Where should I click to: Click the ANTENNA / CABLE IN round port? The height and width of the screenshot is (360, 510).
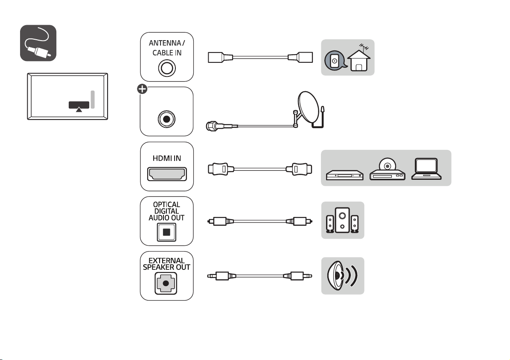167,68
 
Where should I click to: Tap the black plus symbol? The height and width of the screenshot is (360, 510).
142,89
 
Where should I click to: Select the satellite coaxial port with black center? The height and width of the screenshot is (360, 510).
166,119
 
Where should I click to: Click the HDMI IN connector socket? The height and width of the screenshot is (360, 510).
167,174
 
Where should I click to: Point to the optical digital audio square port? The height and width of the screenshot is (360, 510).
166,232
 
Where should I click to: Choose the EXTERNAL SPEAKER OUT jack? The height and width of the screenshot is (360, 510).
166,283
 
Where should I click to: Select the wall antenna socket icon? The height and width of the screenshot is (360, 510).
335,61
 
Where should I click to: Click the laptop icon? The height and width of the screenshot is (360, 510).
426,169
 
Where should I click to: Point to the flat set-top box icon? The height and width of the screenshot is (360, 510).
345,175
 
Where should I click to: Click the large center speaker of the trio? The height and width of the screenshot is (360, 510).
342,220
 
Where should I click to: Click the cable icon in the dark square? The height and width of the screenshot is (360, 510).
38,43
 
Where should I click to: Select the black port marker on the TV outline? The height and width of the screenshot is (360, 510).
79,105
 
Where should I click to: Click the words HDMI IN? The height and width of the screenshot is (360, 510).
167,158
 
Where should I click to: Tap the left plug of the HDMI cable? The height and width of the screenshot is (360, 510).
221,169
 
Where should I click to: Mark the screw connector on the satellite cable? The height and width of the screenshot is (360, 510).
212,126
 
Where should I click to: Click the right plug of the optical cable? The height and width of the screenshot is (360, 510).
299,221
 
